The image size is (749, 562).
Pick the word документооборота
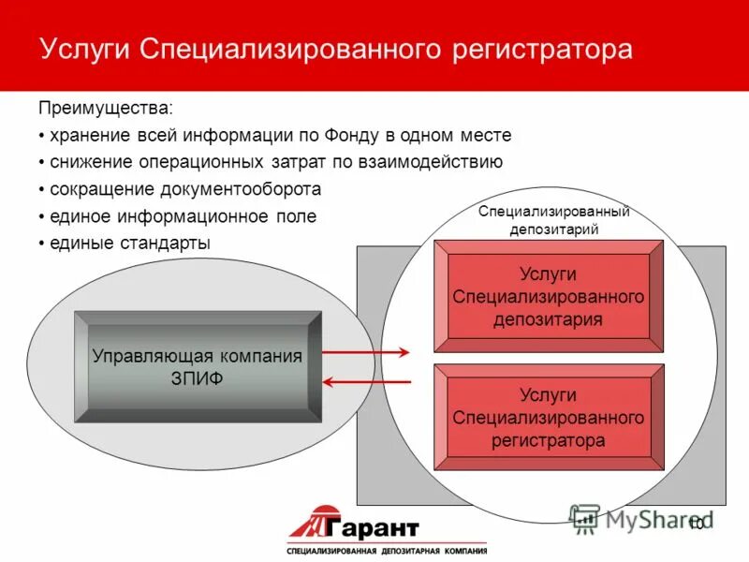pos(242,188)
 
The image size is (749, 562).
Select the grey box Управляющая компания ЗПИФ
pos(198,366)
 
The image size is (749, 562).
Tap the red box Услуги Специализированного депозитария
pos(549,296)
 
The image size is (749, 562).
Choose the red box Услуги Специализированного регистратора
pos(549,418)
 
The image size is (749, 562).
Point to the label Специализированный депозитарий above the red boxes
pos(553,220)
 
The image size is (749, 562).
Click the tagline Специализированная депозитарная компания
pos(386,550)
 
